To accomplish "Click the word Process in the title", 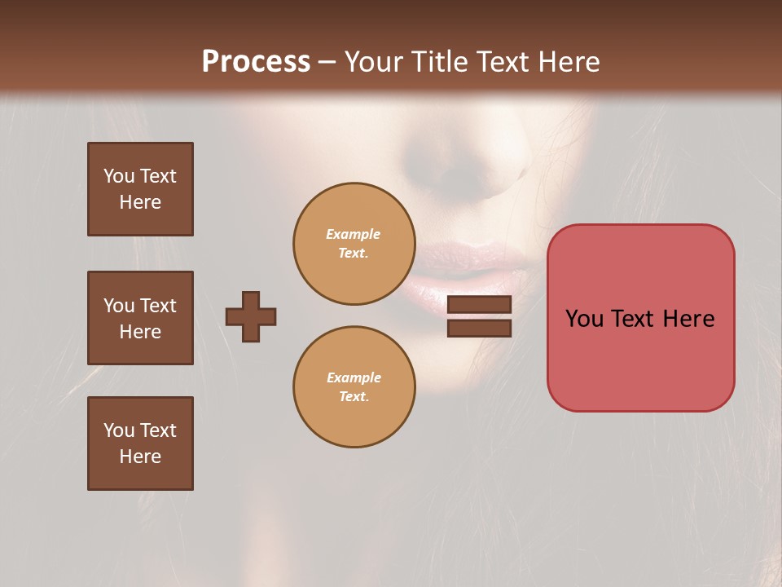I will pos(256,62).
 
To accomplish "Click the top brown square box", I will pos(140,189).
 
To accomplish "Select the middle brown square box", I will pos(140,318).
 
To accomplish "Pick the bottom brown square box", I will pos(140,444).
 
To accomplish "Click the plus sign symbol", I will pos(251,316).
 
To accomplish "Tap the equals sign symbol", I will pos(479,316).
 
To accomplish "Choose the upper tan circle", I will pos(354,244).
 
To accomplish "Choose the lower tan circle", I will pos(354,387).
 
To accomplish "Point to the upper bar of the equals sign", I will pos(479,304).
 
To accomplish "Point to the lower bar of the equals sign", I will pos(479,328).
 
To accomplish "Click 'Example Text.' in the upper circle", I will pos(354,244).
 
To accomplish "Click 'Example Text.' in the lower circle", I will pos(354,387).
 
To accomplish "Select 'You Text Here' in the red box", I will pos(640,318).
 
